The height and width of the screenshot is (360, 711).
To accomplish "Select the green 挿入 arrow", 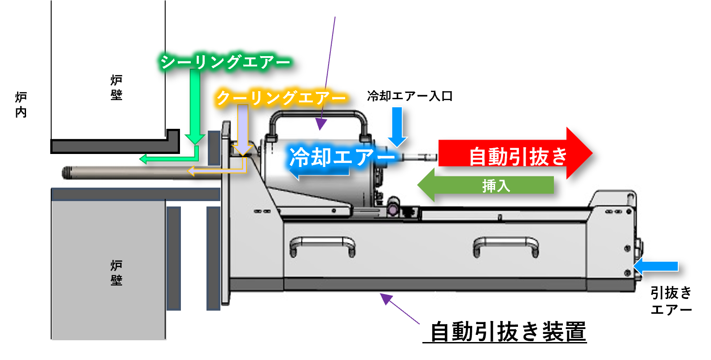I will pyautogui.click(x=487, y=185).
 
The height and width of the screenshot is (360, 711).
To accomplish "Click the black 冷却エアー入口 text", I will pyautogui.click(x=409, y=96).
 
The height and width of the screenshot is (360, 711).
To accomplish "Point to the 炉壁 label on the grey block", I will pyautogui.click(x=116, y=272).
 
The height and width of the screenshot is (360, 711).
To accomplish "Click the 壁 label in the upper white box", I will pyautogui.click(x=116, y=95).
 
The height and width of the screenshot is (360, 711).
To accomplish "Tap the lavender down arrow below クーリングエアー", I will pyautogui.click(x=242, y=130).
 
